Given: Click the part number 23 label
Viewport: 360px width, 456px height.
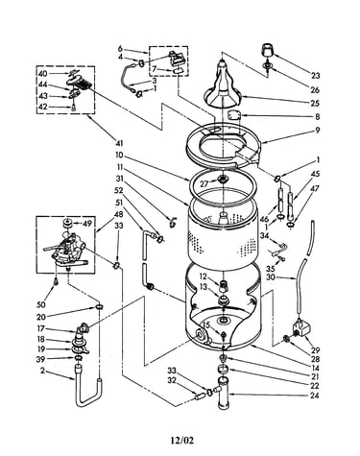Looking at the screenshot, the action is point(315,76).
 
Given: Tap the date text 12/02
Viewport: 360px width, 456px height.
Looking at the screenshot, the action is point(181,441).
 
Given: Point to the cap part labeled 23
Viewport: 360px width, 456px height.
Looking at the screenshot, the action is point(268,50).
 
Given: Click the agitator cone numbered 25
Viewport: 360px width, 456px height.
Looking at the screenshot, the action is point(224,84).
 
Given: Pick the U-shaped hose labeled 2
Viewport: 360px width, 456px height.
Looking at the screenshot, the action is point(87,389).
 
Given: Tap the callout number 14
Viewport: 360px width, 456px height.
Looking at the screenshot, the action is point(315,368).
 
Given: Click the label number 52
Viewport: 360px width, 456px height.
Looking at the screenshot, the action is point(118,190).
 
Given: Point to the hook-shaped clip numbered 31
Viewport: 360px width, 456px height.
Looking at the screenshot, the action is point(173,221).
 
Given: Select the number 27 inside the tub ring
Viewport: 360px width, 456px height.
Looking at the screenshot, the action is point(205,183).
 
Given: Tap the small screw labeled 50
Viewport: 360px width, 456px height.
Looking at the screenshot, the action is point(57,281).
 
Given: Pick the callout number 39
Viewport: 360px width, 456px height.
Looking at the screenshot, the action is point(41,359).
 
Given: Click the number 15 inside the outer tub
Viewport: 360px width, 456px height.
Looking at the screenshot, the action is point(205,325).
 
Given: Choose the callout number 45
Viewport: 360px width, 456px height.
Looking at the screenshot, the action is point(315,174).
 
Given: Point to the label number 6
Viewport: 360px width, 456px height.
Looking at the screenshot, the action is point(120,49).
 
